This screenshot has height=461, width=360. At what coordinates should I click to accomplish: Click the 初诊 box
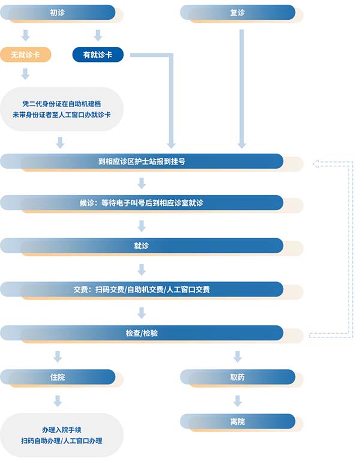click(58, 13)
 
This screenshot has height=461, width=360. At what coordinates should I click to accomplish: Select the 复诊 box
click(238, 13)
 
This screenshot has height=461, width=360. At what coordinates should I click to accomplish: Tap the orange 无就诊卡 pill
click(26, 55)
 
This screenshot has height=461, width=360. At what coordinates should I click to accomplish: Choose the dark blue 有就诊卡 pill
click(98, 55)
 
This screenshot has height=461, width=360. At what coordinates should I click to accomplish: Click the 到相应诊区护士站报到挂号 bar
click(142, 161)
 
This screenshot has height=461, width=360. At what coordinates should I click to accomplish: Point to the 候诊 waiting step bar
click(142, 203)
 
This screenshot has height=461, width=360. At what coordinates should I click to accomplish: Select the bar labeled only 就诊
click(142, 246)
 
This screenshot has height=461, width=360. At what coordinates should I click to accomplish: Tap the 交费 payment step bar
click(142, 289)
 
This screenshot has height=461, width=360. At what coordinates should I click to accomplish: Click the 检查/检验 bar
click(142, 333)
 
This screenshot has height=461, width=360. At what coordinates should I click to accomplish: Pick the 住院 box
click(58, 377)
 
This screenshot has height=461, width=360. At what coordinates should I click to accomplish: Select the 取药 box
click(238, 377)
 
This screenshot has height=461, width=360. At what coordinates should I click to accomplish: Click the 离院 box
click(238, 421)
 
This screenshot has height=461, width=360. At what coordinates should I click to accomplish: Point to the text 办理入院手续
click(62, 430)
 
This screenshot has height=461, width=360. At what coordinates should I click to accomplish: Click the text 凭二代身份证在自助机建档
click(62, 104)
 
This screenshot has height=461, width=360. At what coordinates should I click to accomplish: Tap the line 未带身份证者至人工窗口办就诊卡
click(62, 115)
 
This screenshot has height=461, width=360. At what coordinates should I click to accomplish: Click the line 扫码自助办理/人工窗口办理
click(62, 441)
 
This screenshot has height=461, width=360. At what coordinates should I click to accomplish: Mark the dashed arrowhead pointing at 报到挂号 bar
click(316, 164)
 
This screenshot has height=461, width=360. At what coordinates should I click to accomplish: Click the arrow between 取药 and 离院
click(238, 401)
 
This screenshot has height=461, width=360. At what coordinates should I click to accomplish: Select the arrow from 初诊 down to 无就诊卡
click(26, 35)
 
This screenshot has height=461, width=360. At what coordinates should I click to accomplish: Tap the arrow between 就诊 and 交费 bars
click(142, 270)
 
